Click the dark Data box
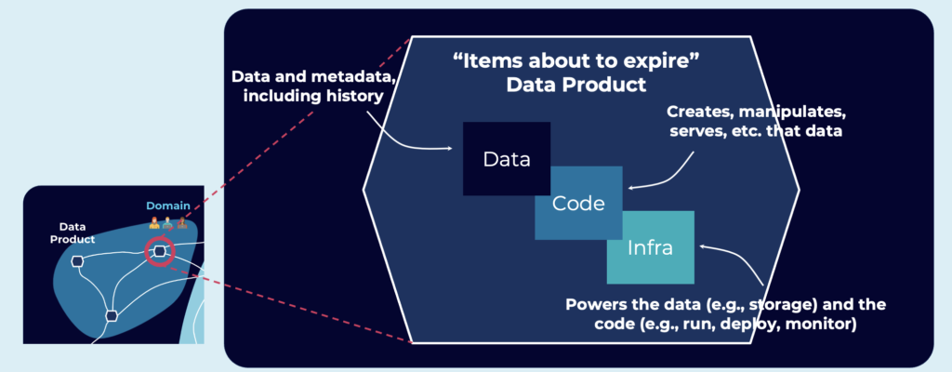coord(507,158)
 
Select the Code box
coord(578,203)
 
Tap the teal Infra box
coord(651,247)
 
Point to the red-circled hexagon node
coord(160,250)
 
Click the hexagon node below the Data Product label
coord(78,261)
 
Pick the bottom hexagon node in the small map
coord(112,315)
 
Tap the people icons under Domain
coord(167,223)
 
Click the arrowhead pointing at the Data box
coord(453,148)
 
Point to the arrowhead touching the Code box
coord(631,189)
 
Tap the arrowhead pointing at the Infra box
coord(703,246)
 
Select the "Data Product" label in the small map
coord(73,232)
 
